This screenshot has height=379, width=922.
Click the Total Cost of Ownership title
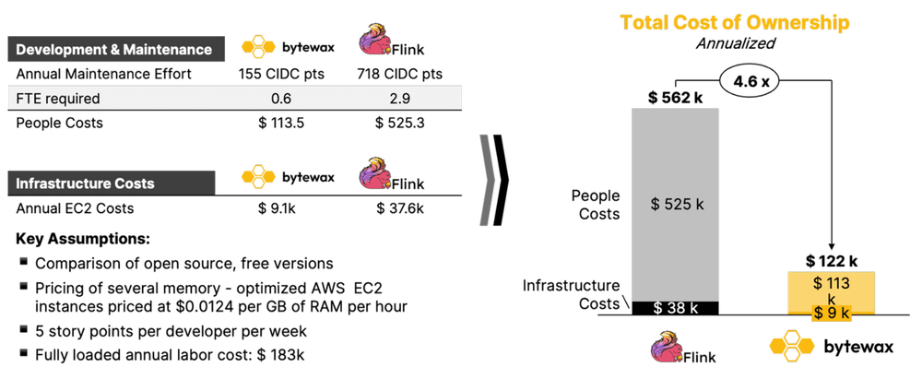point(734,22)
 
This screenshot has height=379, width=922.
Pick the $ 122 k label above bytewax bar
point(832,261)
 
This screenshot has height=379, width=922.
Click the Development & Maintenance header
point(112,49)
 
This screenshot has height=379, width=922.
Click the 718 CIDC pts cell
point(398,75)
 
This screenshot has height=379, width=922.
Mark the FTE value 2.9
point(399,99)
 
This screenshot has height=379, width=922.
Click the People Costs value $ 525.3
point(399,123)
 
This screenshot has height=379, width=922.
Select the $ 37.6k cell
point(399,208)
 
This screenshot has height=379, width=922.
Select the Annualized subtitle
point(734,42)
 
